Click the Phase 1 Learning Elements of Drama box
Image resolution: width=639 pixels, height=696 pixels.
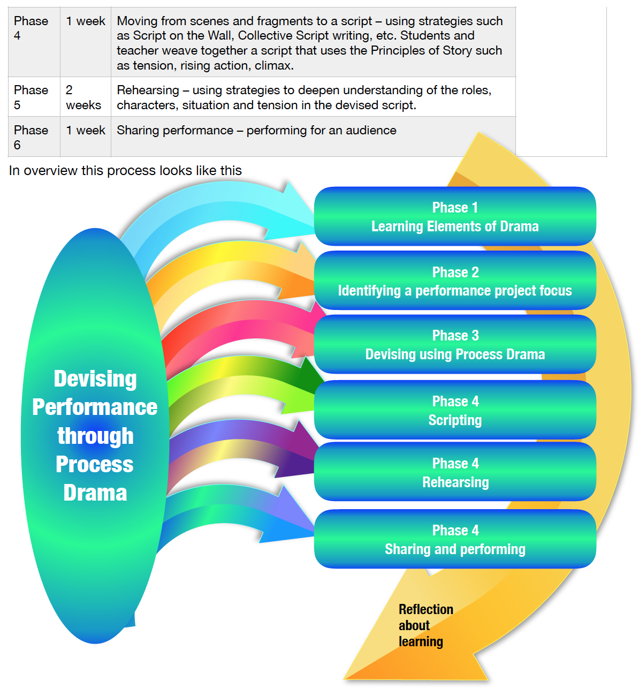pyautogui.click(x=455, y=216)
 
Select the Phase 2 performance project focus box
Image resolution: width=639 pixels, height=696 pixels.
pyautogui.click(x=455, y=281)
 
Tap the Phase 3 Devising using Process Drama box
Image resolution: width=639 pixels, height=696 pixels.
pyautogui.click(x=455, y=344)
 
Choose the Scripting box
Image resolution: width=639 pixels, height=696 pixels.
pyautogui.click(x=455, y=410)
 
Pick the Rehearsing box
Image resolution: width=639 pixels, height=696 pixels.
pyautogui.click(x=455, y=472)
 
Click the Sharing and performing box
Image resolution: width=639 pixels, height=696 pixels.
pyautogui.click(x=455, y=539)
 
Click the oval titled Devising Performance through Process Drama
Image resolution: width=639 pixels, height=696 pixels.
pyautogui.click(x=95, y=435)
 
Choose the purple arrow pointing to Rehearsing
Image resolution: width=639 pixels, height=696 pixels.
pyautogui.click(x=241, y=444)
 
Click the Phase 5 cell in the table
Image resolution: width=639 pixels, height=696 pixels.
pyautogui.click(x=31, y=97)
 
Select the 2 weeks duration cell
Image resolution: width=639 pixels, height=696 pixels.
pyautogui.click(x=83, y=97)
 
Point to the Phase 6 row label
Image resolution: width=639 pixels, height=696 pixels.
pyautogui.click(x=31, y=137)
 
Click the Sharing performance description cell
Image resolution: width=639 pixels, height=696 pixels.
pyautogui.click(x=257, y=131)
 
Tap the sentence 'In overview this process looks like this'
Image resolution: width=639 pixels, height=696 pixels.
pyautogui.click(x=125, y=170)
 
